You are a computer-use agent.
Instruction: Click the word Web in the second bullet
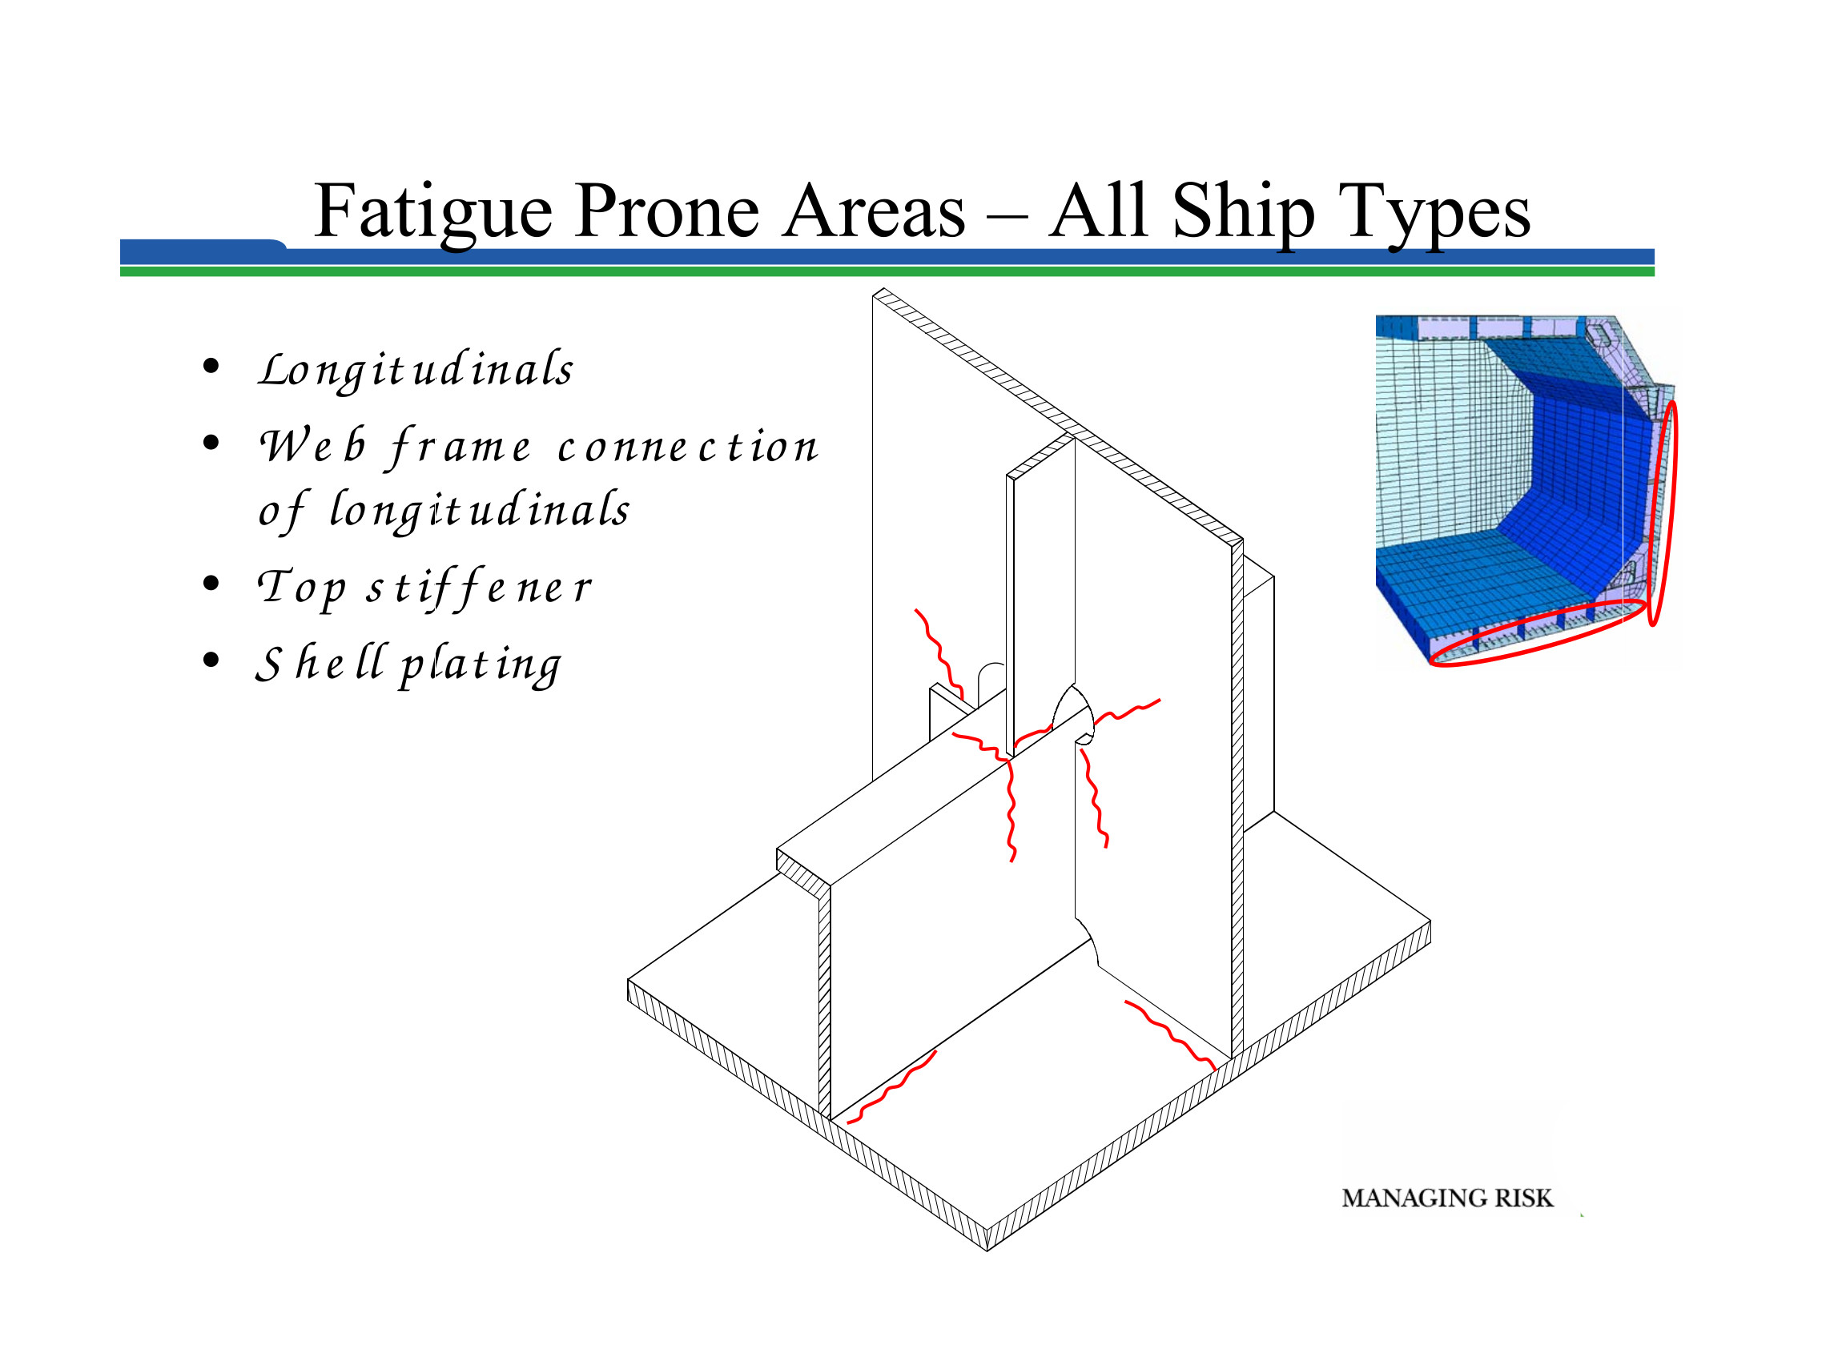click(x=312, y=446)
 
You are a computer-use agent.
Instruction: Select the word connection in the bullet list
click(x=687, y=447)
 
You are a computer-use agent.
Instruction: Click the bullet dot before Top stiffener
click(x=211, y=584)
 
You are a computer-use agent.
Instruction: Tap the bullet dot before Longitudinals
click(x=211, y=366)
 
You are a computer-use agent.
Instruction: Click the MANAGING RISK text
click(x=1447, y=1198)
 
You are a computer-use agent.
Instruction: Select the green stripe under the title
click(x=887, y=271)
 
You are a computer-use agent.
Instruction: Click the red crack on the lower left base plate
click(x=891, y=1087)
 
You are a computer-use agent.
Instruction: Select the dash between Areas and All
click(x=1007, y=219)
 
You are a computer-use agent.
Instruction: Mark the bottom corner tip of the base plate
click(x=987, y=1251)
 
